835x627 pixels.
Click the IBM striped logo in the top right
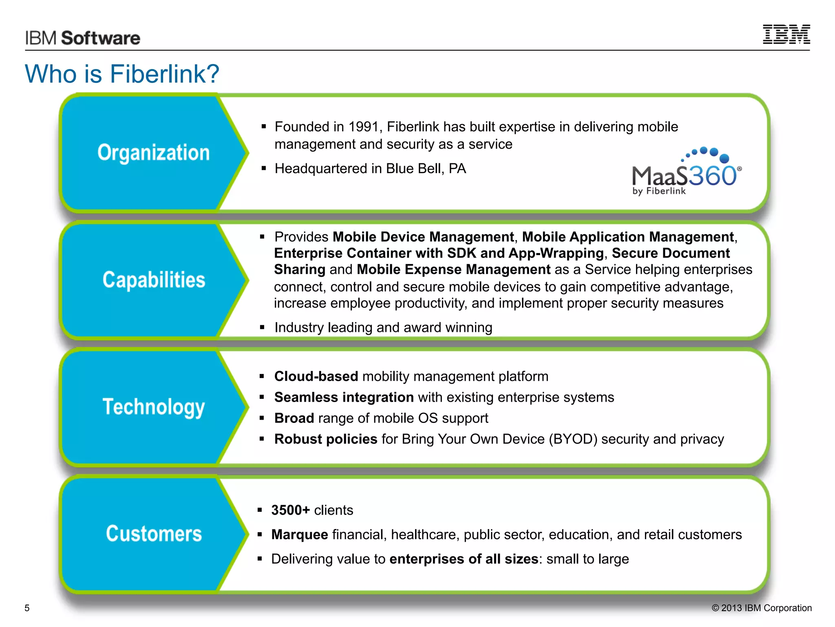click(786, 34)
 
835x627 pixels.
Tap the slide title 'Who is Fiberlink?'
click(122, 74)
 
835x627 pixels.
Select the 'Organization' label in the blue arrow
click(153, 153)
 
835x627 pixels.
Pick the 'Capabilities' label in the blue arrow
click(154, 280)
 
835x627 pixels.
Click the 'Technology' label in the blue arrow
click(154, 407)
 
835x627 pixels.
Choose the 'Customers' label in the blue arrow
click(154, 534)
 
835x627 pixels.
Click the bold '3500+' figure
click(290, 510)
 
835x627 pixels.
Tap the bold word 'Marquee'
click(300, 535)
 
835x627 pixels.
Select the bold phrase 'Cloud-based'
click(316, 376)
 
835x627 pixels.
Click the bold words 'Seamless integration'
click(344, 397)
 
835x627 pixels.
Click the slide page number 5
click(27, 608)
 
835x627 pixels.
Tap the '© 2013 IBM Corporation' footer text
click(762, 608)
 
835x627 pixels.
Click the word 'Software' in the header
click(101, 38)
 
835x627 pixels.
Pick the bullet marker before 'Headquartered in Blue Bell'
click(264, 169)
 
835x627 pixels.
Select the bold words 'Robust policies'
click(325, 439)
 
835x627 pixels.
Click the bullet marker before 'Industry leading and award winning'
click(262, 327)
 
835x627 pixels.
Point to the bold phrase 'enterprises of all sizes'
click(464, 559)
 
